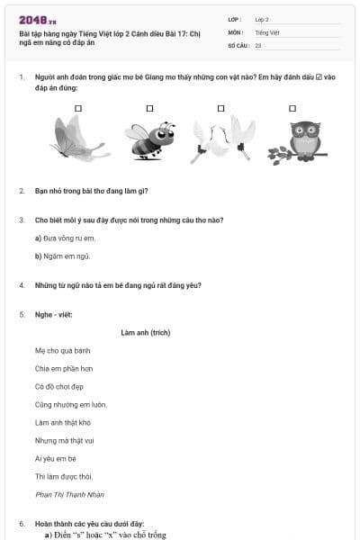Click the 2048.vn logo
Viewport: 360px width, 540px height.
(x=38, y=21)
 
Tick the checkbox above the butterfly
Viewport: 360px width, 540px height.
(x=78, y=109)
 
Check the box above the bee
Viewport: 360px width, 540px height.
(x=149, y=109)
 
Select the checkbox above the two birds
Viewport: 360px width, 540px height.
(x=220, y=109)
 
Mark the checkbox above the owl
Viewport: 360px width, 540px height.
(x=292, y=109)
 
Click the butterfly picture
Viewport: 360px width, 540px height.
(x=78, y=139)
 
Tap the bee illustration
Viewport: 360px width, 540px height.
(x=150, y=140)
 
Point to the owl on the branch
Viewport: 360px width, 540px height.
(x=297, y=142)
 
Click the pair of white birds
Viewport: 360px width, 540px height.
(x=223, y=139)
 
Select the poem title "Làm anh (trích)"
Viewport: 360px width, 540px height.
(x=146, y=333)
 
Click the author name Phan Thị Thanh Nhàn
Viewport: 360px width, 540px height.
(x=69, y=495)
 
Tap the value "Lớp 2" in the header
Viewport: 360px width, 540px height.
(x=262, y=20)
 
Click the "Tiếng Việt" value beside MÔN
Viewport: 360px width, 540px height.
(x=267, y=32)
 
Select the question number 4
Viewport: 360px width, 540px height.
(x=22, y=285)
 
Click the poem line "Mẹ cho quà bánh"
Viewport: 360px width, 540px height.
(x=62, y=351)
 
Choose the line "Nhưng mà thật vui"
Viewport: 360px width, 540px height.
(x=65, y=441)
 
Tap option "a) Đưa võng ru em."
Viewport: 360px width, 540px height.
(x=65, y=238)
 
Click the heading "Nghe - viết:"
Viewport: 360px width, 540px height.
(x=53, y=314)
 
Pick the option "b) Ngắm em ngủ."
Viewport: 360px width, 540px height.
(x=62, y=256)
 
